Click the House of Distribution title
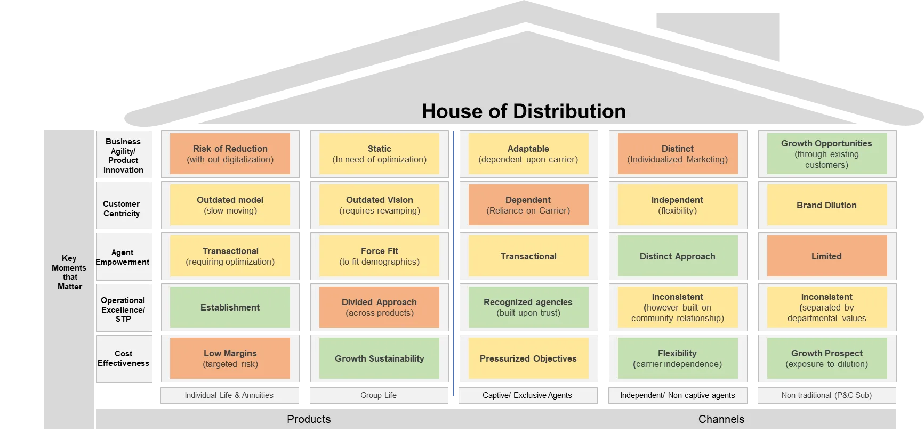pos(524,111)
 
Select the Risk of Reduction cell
pos(230,154)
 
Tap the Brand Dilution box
pos(827,205)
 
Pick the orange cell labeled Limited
pos(827,256)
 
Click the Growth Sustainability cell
pos(379,358)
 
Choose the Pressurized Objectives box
pos(528,358)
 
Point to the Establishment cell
pos(230,307)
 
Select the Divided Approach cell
pos(379,307)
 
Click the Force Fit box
pos(379,256)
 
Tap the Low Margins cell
pos(230,358)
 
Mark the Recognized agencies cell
pos(528,307)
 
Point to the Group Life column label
pos(379,395)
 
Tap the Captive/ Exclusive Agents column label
pos(528,395)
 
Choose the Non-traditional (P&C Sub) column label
pos(827,395)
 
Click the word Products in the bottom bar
pos(309,419)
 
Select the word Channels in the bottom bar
pos(721,419)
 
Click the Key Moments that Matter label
pos(69,272)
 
